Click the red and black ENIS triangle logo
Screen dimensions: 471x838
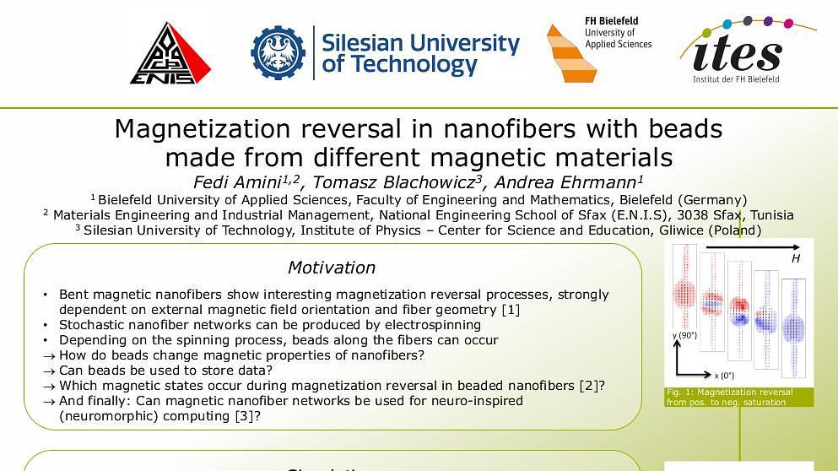[170, 54]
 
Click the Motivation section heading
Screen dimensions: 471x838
[332, 268]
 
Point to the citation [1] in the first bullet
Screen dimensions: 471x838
[511, 310]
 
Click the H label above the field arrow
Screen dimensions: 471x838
[795, 259]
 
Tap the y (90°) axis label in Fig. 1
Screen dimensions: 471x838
[684, 336]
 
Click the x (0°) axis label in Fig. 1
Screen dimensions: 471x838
[724, 376]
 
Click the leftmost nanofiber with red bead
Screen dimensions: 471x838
[684, 295]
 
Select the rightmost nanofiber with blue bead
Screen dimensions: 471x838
[793, 326]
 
